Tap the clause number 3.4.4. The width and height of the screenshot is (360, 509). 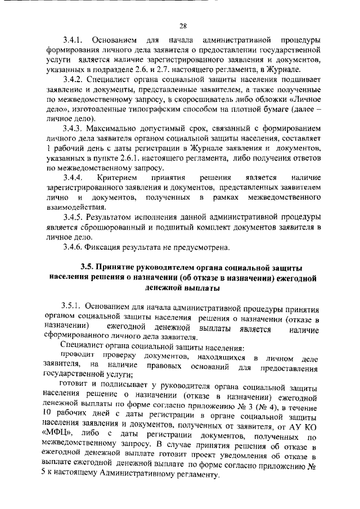click(73, 178)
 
